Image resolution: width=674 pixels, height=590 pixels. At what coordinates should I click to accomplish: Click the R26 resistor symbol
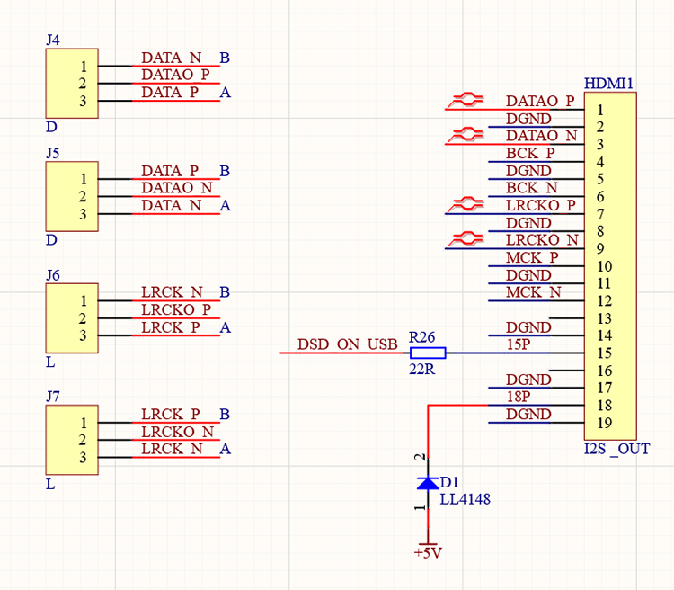(428, 353)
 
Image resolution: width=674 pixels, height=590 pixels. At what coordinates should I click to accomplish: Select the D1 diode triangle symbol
(428, 484)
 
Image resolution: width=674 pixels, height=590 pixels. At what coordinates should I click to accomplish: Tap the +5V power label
(428, 553)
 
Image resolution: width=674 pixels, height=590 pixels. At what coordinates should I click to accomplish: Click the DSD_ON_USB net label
(347, 344)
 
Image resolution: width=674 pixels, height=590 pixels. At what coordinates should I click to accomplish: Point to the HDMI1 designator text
(608, 84)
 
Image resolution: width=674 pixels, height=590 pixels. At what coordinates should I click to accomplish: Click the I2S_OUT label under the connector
(616, 449)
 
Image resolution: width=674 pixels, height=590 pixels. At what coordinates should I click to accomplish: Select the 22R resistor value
(421, 370)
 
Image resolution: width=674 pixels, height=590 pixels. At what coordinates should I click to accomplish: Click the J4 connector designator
(52, 40)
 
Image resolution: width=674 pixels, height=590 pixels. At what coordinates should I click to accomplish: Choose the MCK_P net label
(532, 257)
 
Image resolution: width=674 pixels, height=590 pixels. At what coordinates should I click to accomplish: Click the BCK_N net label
(532, 188)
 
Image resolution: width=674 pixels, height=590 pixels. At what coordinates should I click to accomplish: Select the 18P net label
(519, 397)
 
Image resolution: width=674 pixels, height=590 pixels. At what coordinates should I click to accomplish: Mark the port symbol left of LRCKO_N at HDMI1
(466, 239)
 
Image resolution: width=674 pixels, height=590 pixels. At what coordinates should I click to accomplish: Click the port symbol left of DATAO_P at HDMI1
(466, 101)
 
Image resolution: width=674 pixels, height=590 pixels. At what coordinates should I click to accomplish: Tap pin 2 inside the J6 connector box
(83, 318)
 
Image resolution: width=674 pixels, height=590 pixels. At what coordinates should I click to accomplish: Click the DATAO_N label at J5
(176, 187)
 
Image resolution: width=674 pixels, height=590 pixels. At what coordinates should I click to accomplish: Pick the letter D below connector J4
(51, 128)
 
